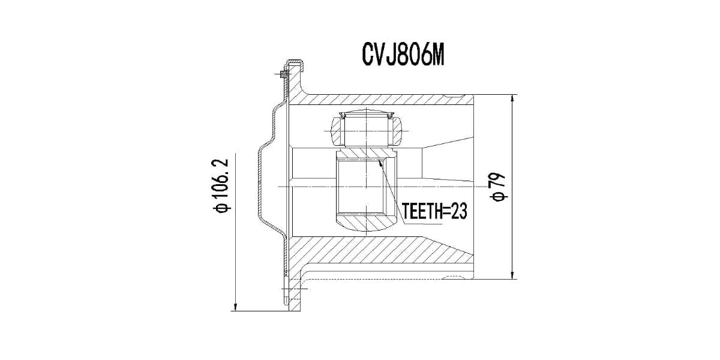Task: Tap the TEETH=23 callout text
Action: (434, 212)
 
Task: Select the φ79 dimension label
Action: (499, 187)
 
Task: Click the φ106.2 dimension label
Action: (221, 186)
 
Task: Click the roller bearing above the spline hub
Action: (366, 127)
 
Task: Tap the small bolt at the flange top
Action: (283, 74)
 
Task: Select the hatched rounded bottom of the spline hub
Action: (366, 225)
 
